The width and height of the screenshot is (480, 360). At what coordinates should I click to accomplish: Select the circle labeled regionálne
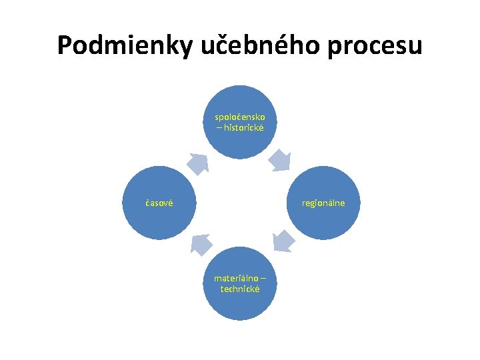click(x=323, y=203)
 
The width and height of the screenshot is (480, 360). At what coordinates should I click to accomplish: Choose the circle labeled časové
click(x=159, y=203)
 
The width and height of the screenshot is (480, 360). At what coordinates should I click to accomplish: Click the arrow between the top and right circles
click(x=280, y=161)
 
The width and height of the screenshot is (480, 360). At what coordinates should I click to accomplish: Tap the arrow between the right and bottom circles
click(x=283, y=241)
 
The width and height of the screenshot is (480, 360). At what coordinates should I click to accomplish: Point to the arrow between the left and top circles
click(x=197, y=163)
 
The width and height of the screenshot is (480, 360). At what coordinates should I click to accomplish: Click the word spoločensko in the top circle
click(x=240, y=117)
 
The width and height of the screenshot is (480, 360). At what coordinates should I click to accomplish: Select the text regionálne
click(x=323, y=203)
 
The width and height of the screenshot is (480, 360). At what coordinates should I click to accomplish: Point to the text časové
click(x=159, y=203)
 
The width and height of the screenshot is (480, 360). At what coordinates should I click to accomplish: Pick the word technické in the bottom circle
click(x=240, y=289)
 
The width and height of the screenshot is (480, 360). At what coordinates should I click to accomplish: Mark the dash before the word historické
click(x=219, y=127)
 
